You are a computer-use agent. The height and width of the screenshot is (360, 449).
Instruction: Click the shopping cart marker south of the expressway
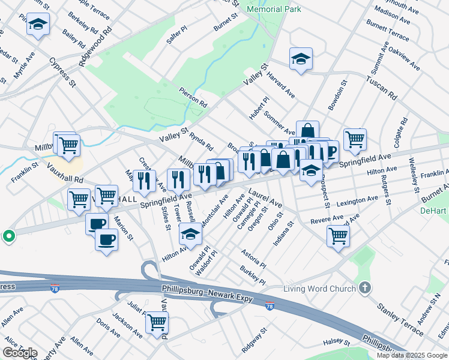click(x=157, y=323)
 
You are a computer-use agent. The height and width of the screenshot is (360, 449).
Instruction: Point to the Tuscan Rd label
click(x=382, y=87)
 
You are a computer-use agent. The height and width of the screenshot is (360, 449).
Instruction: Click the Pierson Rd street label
click(x=192, y=96)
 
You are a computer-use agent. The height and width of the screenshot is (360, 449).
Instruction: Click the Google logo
click(x=20, y=353)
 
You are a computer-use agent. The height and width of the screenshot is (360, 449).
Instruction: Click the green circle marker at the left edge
click(x=8, y=236)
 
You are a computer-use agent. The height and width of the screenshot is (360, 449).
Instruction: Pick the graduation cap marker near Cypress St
click(x=38, y=25)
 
